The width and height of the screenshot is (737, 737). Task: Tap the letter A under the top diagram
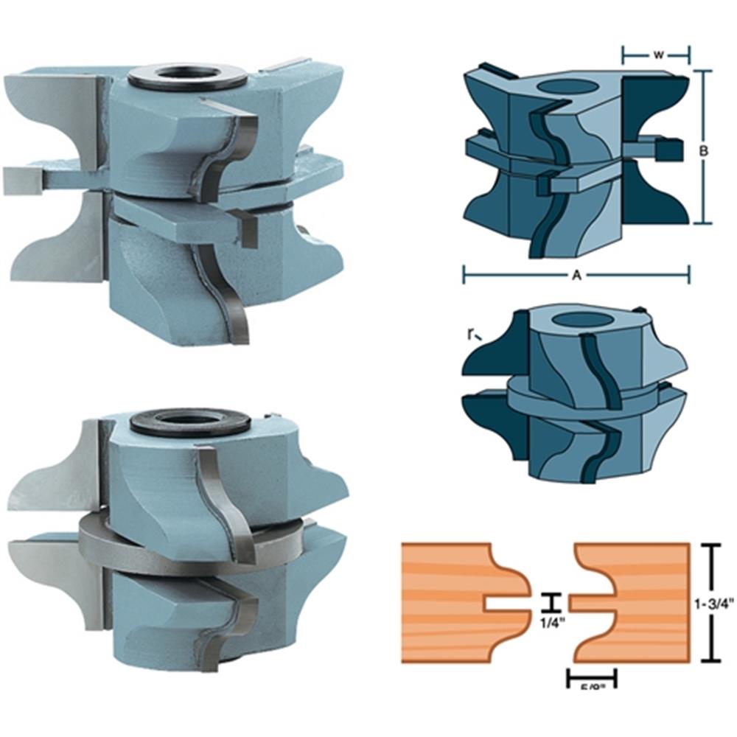pos(577,275)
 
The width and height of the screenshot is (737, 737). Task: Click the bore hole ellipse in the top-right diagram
pos(567,87)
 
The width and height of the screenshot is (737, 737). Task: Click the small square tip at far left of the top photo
pos(20,181)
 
